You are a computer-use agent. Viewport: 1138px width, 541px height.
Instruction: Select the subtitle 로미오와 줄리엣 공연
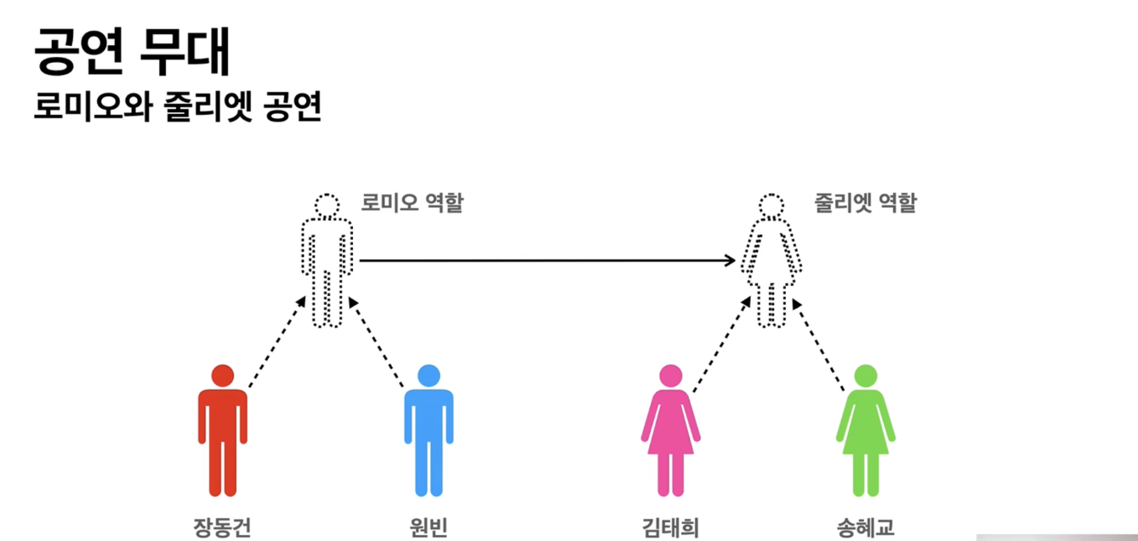tap(177, 109)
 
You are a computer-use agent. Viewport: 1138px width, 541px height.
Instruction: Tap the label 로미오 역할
tap(412, 204)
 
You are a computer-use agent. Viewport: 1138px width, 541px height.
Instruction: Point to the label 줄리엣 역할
tap(865, 204)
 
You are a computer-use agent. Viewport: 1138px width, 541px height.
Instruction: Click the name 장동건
tap(222, 527)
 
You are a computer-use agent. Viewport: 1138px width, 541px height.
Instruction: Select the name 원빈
tap(428, 527)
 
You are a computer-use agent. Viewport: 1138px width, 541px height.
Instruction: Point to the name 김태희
tap(670, 527)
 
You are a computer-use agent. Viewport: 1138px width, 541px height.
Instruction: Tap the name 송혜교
tap(865, 527)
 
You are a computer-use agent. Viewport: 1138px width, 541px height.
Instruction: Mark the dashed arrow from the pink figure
tap(721, 344)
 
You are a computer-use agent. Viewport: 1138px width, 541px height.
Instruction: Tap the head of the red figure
tap(222, 375)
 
